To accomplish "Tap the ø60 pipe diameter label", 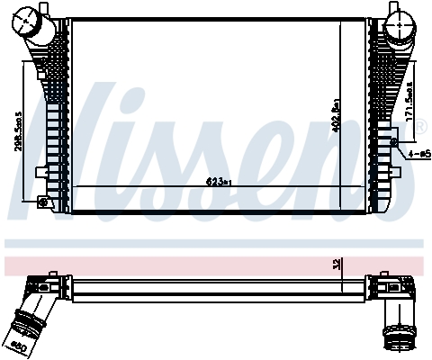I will pos(18,345).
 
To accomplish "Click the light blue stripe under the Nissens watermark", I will pos(216,243).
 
